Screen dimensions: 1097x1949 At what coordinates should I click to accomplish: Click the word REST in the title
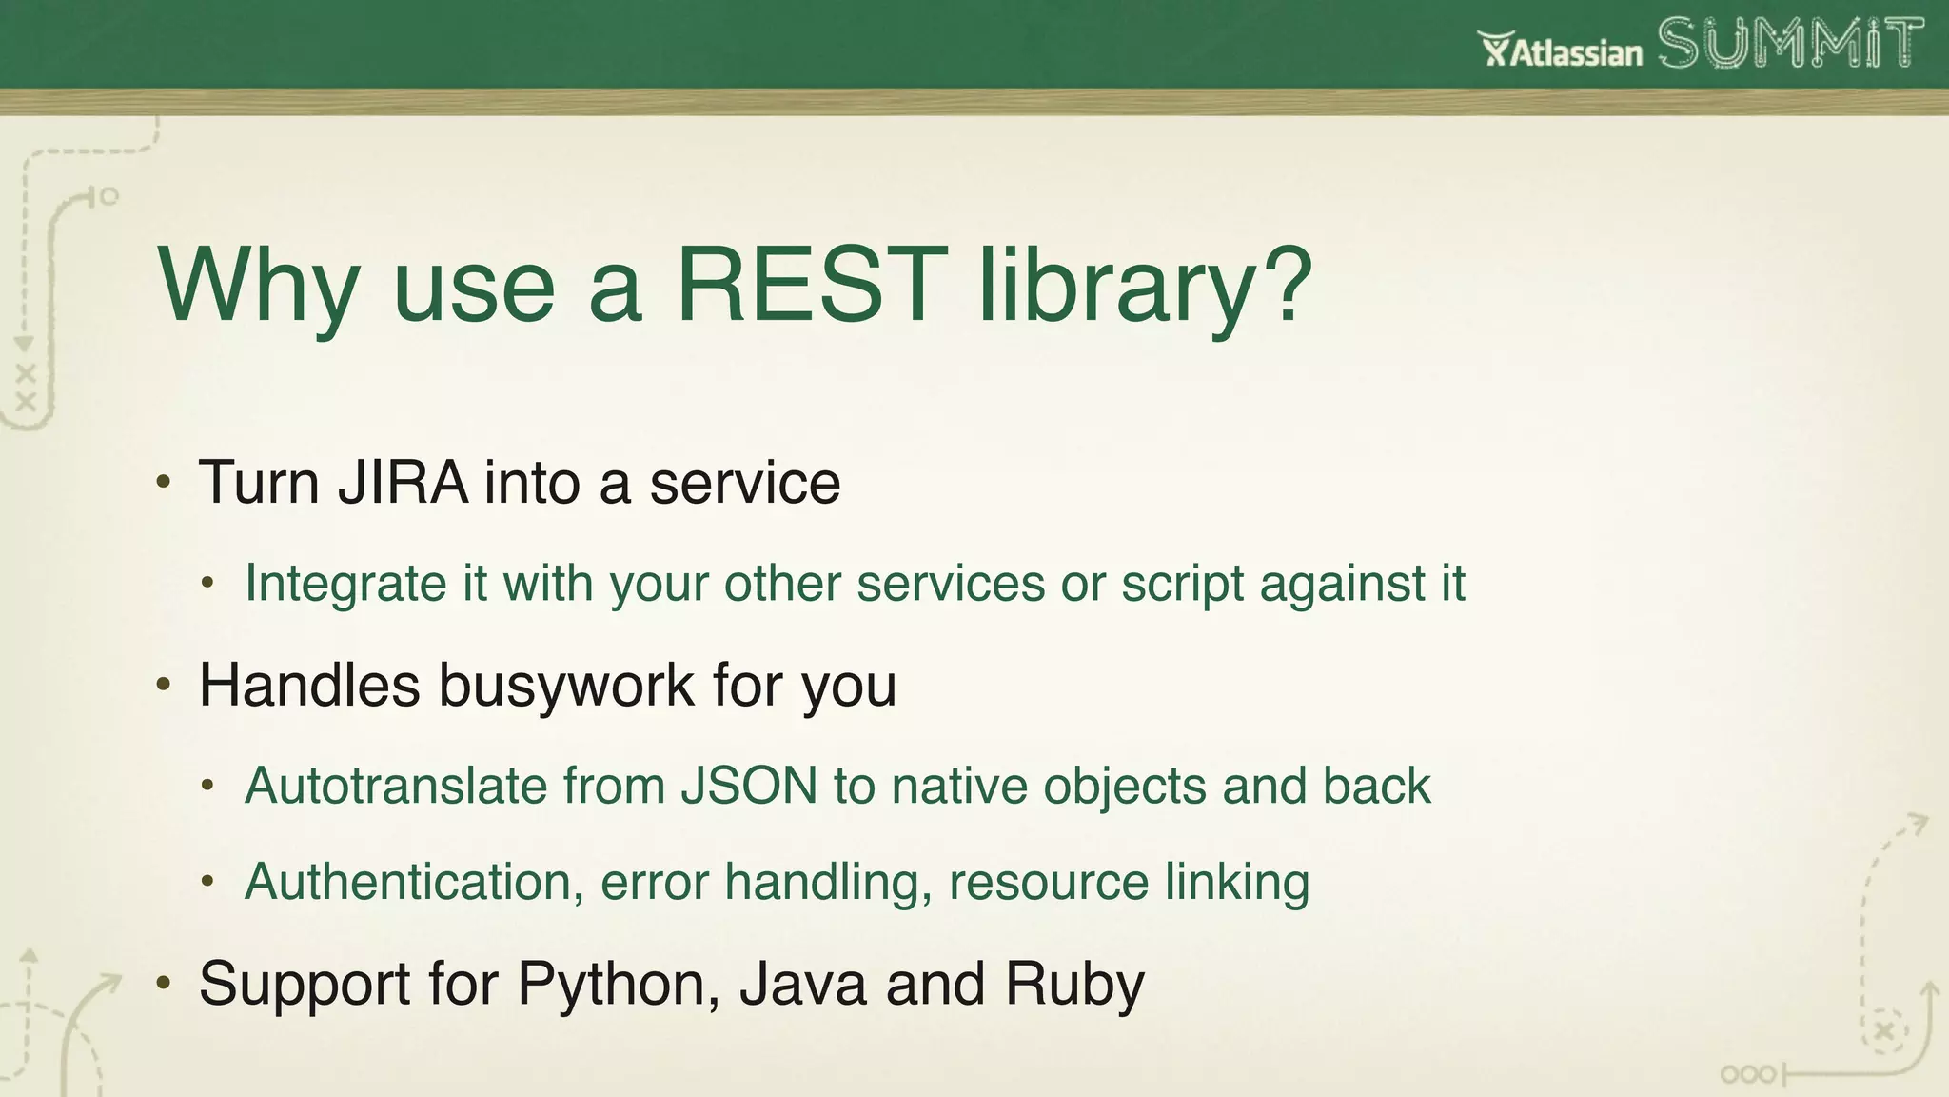point(811,285)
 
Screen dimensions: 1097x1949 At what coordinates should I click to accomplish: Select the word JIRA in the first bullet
point(403,483)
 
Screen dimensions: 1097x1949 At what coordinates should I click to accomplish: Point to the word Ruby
point(1074,984)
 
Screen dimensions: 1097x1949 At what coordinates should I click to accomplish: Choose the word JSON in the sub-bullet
point(749,787)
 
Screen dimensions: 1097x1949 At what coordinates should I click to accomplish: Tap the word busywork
point(566,685)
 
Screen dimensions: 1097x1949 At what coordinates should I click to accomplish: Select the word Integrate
point(345,583)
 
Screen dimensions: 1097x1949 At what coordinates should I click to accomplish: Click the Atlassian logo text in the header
point(1562,50)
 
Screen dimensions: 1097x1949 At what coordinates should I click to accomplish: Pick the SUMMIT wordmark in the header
point(1790,45)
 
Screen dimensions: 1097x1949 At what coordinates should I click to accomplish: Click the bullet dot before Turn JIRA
point(164,482)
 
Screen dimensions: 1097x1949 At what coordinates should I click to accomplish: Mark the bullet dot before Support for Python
point(164,983)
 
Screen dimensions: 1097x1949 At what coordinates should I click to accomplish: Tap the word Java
point(803,984)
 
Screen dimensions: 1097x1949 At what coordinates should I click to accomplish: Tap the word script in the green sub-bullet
point(1182,583)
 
